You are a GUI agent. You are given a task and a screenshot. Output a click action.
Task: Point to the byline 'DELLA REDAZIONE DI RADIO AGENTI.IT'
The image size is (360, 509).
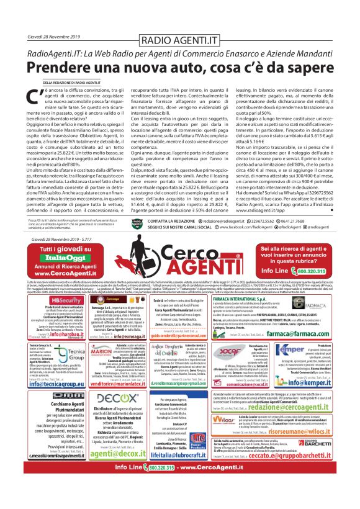click(71, 82)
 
